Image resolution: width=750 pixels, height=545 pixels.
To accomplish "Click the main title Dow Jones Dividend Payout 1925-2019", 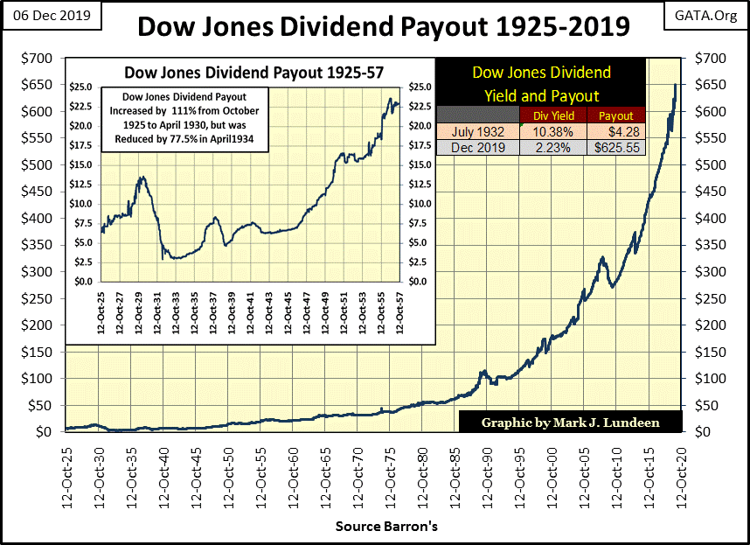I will tap(382, 26).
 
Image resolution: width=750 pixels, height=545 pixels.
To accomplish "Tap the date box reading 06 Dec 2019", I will tap(52, 15).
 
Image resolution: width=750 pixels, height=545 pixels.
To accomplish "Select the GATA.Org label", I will tap(705, 15).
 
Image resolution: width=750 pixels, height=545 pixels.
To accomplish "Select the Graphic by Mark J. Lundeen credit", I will tap(569, 423).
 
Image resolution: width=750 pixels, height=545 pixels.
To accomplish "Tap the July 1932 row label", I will tap(477, 132).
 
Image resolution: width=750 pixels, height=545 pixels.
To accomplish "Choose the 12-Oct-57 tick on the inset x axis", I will tap(399, 316).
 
